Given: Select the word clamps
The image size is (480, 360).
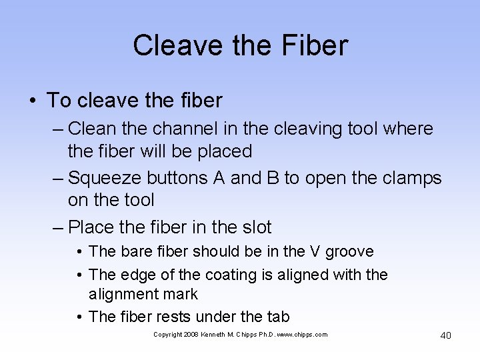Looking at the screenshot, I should tap(409, 178).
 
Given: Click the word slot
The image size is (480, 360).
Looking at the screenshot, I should tap(254, 227).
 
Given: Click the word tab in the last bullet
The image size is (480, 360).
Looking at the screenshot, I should tap(277, 317).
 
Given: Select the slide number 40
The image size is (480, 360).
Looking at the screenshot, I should tap(445, 335).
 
